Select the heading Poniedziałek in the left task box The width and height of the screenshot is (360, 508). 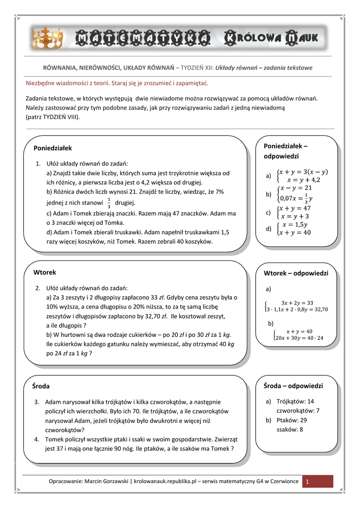(53, 148)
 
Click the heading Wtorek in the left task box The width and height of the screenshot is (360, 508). (45, 272)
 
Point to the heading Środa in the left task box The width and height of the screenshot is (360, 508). (42, 386)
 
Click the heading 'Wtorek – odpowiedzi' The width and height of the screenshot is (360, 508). (295, 273)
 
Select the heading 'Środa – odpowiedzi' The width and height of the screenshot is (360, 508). (293, 385)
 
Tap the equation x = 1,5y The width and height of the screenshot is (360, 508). (296, 224)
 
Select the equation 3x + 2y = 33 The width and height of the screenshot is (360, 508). (297, 303)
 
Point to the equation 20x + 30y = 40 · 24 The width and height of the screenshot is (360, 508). (298, 338)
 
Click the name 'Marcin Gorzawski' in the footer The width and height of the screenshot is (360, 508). (106, 482)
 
